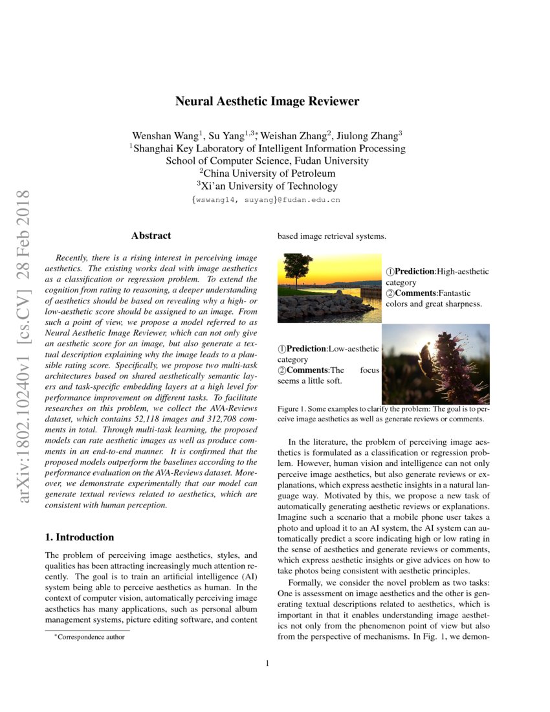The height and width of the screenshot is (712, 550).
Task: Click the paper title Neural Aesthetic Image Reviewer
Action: pos(267,101)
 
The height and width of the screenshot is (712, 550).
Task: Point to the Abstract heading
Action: pos(151,236)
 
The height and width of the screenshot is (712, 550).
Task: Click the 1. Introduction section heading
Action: pos(79,537)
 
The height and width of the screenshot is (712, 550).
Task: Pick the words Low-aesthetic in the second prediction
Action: pos(354,348)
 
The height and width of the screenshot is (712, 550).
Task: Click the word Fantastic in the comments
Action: pos(461,293)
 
